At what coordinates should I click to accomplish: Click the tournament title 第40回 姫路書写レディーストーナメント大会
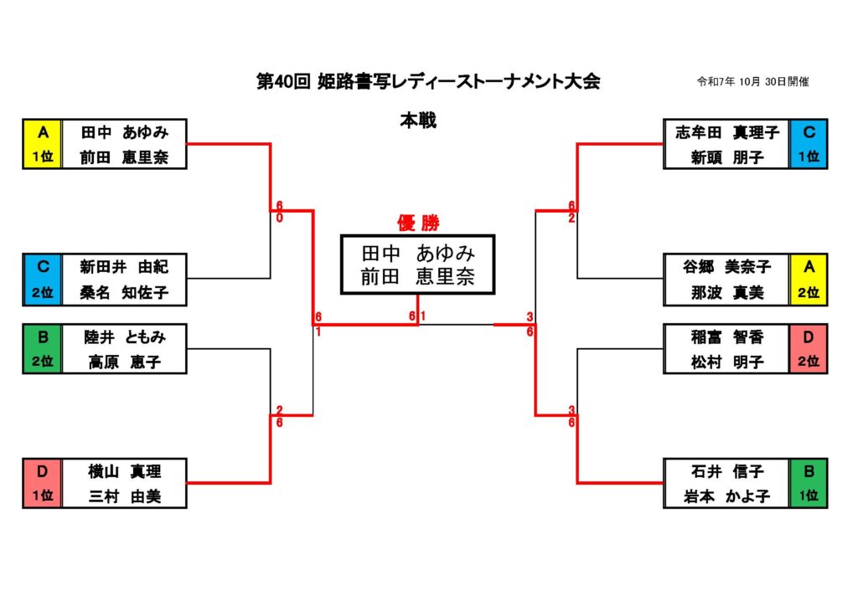[428, 82]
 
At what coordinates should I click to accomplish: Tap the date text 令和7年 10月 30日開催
[752, 82]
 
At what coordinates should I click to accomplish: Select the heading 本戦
[417, 121]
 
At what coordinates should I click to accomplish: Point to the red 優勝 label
[417, 223]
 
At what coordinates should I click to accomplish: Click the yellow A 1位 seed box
[43, 144]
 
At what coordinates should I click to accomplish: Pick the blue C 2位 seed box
[43, 280]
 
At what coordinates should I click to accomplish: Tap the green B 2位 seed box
[43, 349]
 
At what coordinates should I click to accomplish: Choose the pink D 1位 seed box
[43, 483]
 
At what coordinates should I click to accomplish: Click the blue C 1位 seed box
[809, 144]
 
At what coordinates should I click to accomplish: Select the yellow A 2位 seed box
[809, 280]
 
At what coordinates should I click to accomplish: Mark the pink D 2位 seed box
[809, 349]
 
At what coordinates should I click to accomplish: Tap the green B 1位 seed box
[809, 483]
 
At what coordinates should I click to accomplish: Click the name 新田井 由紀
[124, 267]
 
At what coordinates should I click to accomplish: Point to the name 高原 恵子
[124, 362]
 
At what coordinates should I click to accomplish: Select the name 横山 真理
[124, 471]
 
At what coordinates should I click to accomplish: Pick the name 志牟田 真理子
[726, 132]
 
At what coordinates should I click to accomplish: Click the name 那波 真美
[726, 292]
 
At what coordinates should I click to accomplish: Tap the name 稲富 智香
[726, 337]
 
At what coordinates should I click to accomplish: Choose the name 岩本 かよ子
[726, 496]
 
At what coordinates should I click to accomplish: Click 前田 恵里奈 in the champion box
[417, 277]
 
